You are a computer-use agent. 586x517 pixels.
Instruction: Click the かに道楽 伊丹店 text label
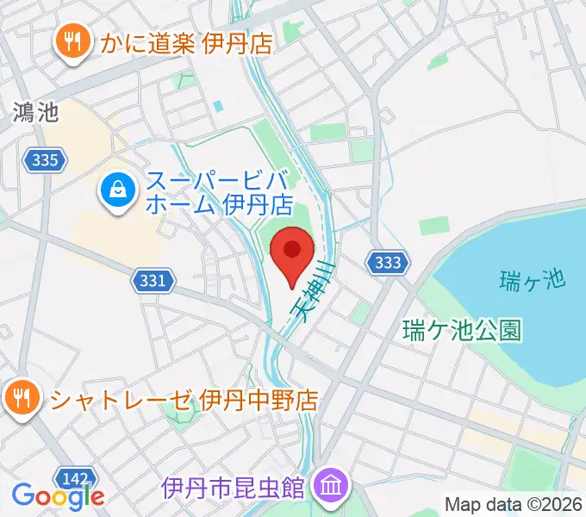coord(185,41)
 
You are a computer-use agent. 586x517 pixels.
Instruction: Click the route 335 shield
coord(44,159)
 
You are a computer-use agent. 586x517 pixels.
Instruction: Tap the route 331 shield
coord(153,280)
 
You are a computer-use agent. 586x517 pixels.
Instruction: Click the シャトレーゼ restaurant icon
coord(20,398)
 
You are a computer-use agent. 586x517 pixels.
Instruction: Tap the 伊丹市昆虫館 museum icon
coord(329,484)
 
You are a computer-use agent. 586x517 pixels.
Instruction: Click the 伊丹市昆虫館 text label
coord(233,487)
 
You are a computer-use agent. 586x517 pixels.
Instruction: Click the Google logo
coord(57,496)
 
